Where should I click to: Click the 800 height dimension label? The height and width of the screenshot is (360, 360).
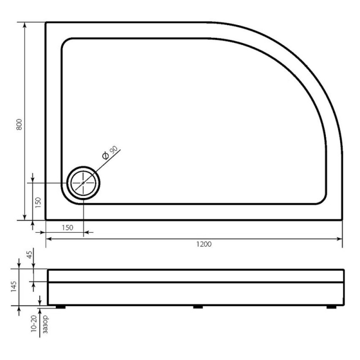19,125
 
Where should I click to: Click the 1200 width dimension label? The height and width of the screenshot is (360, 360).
204,244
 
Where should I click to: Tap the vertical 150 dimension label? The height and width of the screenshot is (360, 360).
38,202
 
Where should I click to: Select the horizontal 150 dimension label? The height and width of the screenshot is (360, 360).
67,228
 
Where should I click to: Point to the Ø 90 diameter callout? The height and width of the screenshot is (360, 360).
110,152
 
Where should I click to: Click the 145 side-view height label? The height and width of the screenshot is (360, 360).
14,286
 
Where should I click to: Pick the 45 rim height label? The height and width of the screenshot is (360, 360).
30,254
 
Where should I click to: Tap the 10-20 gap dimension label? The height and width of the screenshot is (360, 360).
33,324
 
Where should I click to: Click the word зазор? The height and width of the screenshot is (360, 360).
46,324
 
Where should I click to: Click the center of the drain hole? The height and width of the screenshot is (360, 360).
83,183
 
